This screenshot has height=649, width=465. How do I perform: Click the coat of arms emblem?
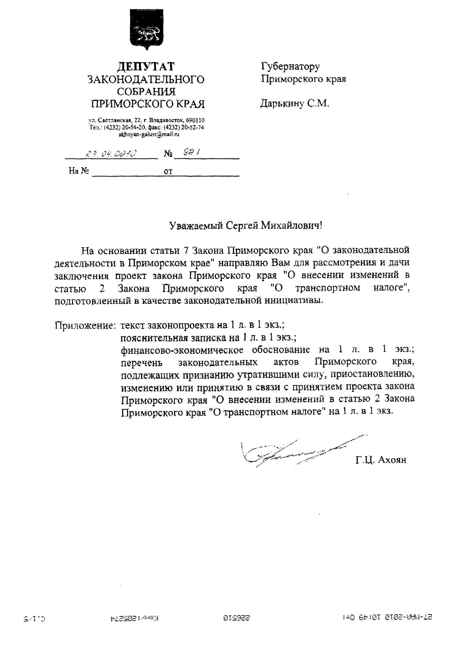146,29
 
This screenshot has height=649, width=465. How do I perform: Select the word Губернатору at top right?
290,67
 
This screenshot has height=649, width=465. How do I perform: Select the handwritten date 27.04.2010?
111,154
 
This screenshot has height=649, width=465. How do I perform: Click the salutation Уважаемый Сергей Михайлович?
246,226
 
